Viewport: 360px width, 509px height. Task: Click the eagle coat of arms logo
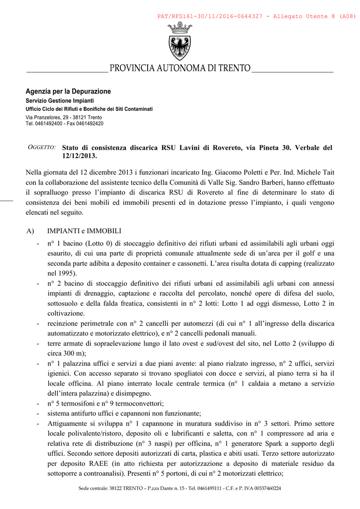(180, 42)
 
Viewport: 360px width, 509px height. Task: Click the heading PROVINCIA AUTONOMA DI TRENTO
(180, 68)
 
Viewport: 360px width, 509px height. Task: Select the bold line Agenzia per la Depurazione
(68, 91)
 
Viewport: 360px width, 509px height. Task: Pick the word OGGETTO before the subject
(41, 148)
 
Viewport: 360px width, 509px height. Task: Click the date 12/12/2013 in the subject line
(79, 156)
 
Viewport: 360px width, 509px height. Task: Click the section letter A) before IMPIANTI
(30, 231)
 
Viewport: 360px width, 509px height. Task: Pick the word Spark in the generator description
(281, 443)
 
